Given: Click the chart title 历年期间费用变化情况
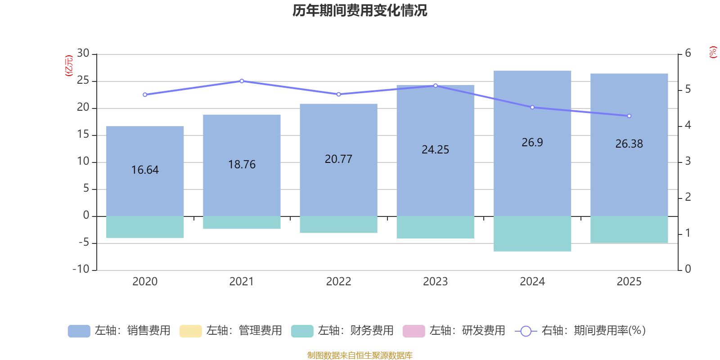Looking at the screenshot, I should (360, 11).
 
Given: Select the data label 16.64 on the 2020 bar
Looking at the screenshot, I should (145, 170).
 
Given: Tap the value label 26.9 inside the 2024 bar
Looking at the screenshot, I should (532, 143).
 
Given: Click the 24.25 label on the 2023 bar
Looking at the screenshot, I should (435, 150).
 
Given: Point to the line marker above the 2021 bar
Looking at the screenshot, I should (242, 81).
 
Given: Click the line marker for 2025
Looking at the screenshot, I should (629, 116).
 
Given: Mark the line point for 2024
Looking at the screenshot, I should (532, 108).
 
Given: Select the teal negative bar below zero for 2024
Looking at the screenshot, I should (532, 234).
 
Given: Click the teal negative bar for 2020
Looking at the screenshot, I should (145, 227).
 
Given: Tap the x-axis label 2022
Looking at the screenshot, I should (338, 282).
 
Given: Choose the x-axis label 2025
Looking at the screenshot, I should (629, 282).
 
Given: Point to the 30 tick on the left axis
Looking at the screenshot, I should (83, 54).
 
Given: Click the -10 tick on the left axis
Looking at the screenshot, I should (81, 269).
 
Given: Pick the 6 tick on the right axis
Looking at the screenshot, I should (688, 54).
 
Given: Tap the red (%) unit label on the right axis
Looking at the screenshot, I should (713, 52).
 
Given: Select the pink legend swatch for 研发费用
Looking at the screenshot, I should (414, 331).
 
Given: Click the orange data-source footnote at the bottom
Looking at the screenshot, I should (360, 355).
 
